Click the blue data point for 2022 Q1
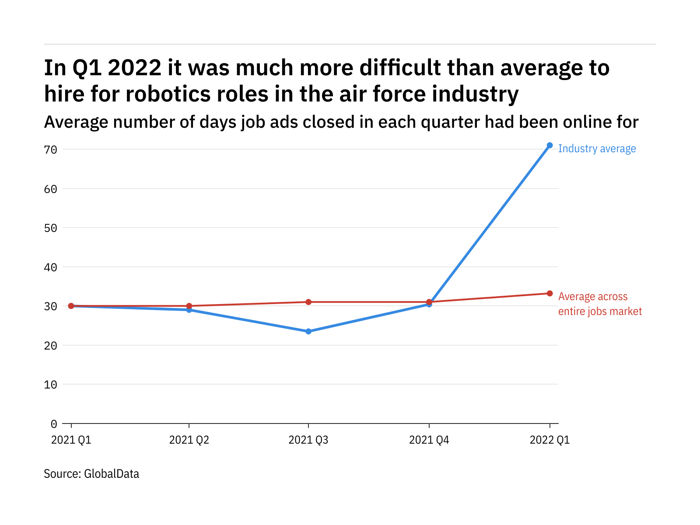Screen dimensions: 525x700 point(549,145)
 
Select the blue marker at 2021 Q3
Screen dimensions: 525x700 point(308,332)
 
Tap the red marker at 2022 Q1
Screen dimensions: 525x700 point(549,293)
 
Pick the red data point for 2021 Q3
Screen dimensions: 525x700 point(308,302)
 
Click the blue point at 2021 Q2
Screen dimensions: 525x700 point(189,310)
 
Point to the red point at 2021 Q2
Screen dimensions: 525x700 point(189,306)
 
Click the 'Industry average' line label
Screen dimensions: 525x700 point(597,149)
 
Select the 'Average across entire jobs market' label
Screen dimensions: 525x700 point(600,304)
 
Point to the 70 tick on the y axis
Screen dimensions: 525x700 point(51,150)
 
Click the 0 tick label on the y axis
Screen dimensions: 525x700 point(54,423)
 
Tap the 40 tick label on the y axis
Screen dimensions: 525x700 point(51,267)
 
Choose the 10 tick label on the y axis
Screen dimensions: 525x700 point(51,385)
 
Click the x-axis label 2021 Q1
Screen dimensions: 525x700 point(71,440)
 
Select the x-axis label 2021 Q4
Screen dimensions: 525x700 point(429,440)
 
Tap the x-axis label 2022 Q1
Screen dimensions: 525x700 point(549,440)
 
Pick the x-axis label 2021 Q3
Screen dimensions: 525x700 point(308,440)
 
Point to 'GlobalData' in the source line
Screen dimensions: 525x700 point(112,474)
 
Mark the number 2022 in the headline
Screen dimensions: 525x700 point(134,68)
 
